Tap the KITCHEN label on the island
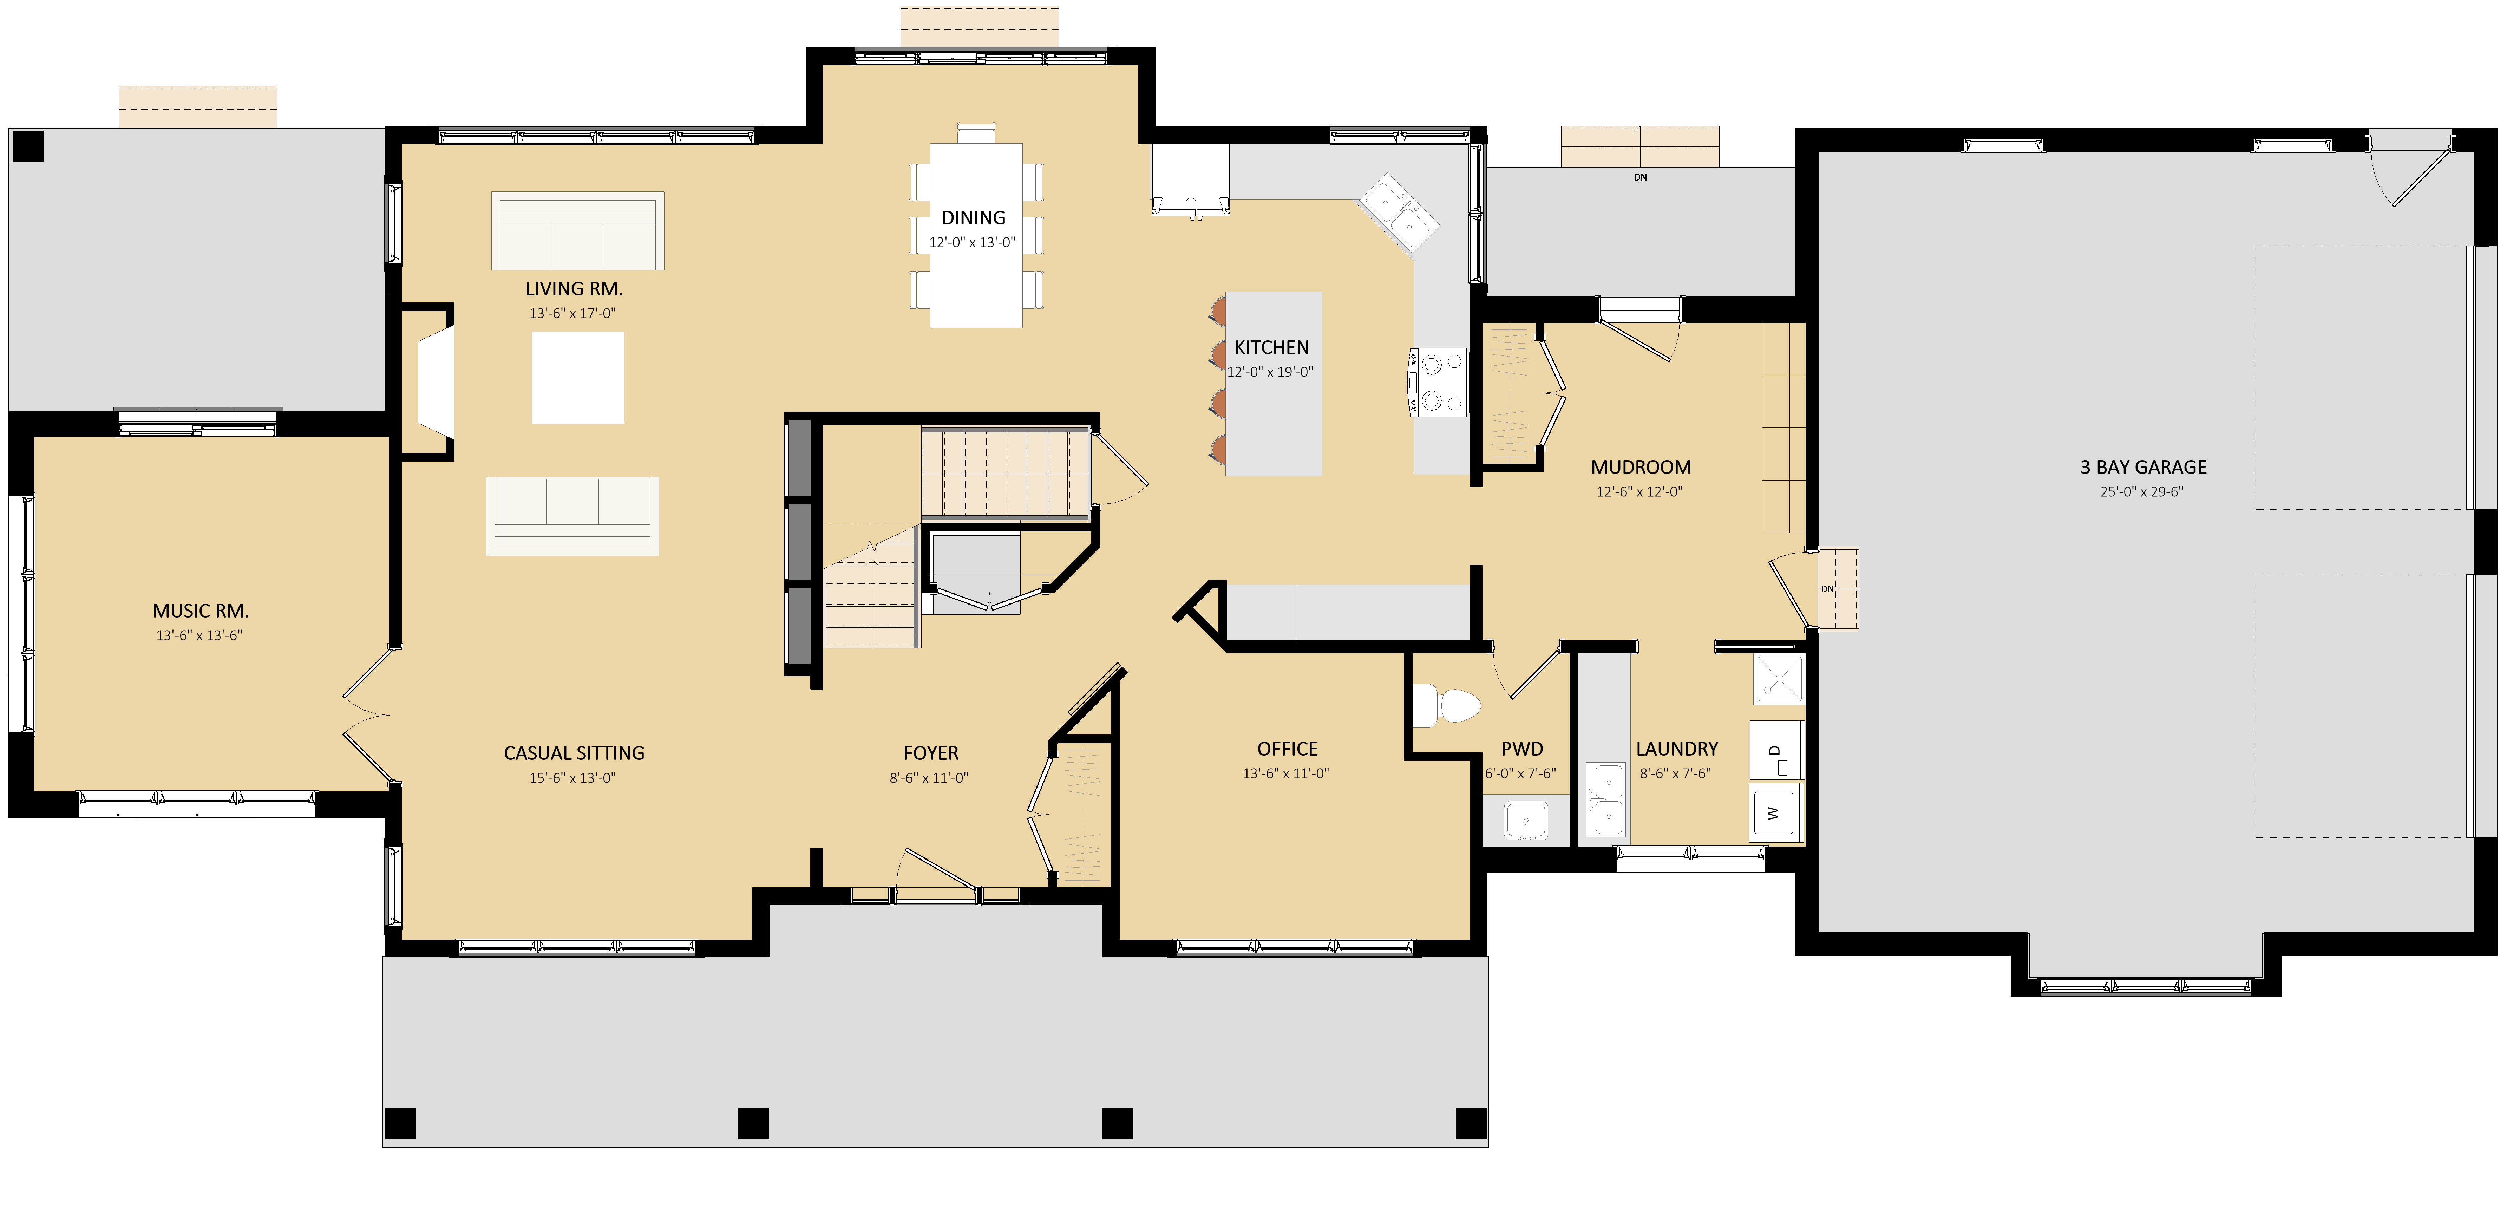[1272, 347]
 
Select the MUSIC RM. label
[201, 610]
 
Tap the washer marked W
[1775, 812]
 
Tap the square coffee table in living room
[577, 378]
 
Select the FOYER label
[930, 753]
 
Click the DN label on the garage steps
[1826, 589]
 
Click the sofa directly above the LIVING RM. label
[577, 231]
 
